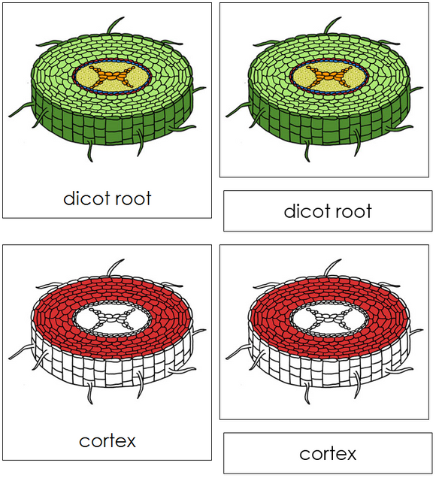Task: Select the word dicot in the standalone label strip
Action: pos(306,211)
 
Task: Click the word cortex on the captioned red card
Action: pos(107,440)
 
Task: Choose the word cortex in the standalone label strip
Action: pos(327,453)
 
